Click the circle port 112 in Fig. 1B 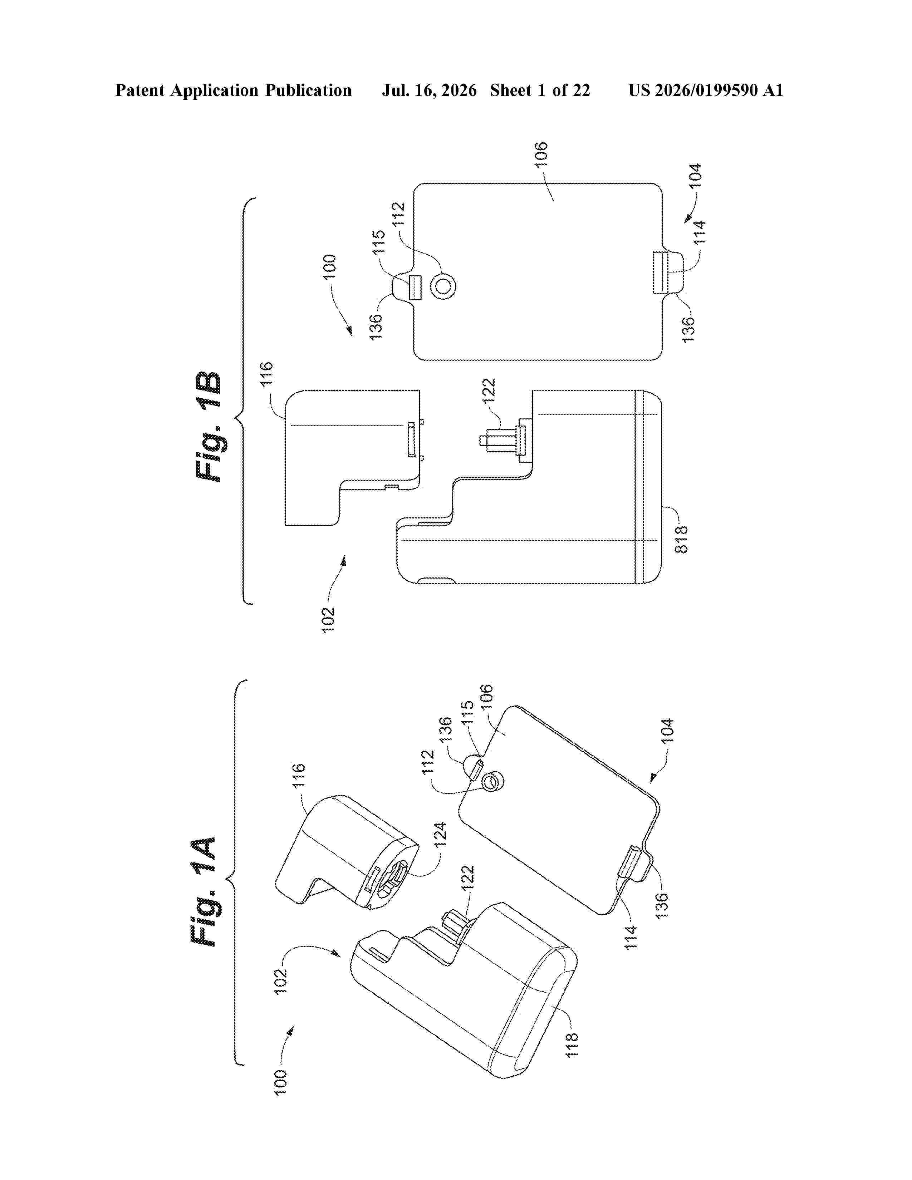pos(443,286)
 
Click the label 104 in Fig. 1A pos(668,731)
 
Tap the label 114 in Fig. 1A pos(631,938)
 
